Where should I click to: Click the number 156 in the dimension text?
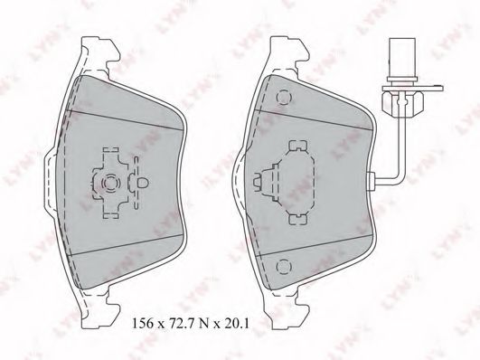pyautogui.click(x=143, y=323)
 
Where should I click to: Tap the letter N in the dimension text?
pyautogui.click(x=203, y=324)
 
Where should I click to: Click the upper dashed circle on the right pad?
pyautogui.click(x=284, y=97)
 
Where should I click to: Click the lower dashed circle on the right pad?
pyautogui.click(x=284, y=266)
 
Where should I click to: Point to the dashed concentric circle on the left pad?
pyautogui.click(x=109, y=184)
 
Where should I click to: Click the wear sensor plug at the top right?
pyautogui.click(x=401, y=60)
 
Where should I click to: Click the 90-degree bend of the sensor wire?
pyautogui.click(x=400, y=179)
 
